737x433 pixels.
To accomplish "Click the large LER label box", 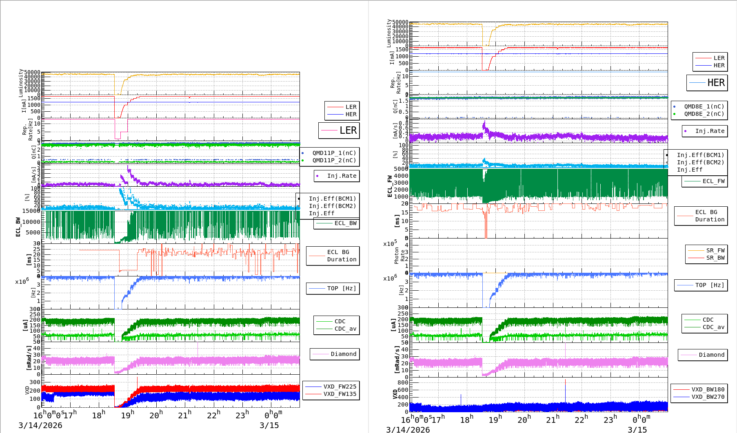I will [x=339, y=130].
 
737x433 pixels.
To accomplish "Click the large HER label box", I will [x=707, y=83].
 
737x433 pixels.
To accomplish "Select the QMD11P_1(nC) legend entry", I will [x=334, y=153].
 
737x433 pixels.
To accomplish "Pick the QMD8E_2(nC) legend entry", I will [x=704, y=114].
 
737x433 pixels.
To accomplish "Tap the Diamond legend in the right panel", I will [x=711, y=355].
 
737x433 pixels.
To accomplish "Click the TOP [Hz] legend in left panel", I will [x=341, y=288].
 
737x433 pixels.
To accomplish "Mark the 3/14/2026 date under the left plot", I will [x=40, y=425].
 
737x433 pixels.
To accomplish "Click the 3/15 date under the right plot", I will [x=637, y=429].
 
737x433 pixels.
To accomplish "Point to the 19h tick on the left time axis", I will [x=128, y=415].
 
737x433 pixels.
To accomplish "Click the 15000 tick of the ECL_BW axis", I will [x=31, y=211].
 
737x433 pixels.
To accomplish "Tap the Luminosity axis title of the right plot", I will [x=389, y=33].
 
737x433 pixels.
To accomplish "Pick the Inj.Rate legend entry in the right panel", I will [x=710, y=131].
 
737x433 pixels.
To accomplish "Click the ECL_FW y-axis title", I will [x=390, y=186].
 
